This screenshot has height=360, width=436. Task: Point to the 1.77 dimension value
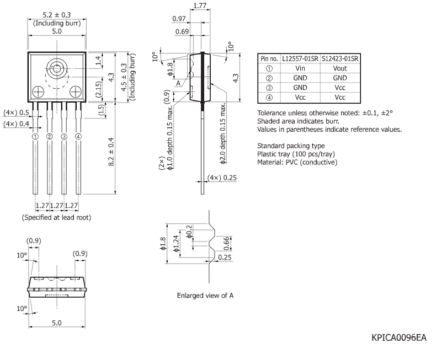tap(200, 7)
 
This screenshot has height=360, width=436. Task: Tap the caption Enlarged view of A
tap(205, 295)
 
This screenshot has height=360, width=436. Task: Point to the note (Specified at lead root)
tap(56, 217)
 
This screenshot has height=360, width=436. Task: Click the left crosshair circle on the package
tap(39, 91)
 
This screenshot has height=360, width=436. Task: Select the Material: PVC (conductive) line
tap(297, 162)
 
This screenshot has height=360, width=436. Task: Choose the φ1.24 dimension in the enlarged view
tap(176, 244)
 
